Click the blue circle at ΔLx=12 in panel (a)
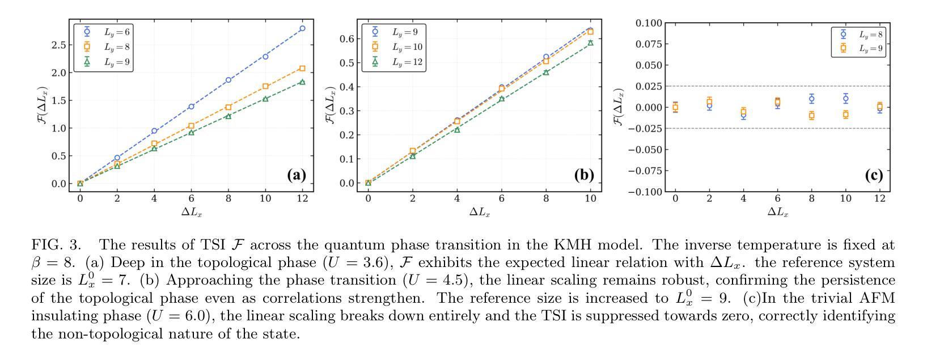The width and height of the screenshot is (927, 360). pyautogui.click(x=302, y=28)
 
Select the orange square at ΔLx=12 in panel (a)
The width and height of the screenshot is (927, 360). pyautogui.click(x=302, y=69)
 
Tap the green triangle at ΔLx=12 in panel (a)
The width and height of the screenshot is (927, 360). pyautogui.click(x=302, y=82)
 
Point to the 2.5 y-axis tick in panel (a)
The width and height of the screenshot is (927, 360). pyautogui.click(x=57, y=45)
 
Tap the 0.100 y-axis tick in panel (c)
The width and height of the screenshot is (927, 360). pyautogui.click(x=648, y=23)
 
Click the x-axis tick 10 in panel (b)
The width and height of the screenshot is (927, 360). pyautogui.click(x=590, y=198)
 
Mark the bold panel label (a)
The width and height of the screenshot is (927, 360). pyautogui.click(x=296, y=175)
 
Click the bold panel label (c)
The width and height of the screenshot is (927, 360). pyautogui.click(x=874, y=175)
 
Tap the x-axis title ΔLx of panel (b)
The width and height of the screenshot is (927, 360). pyautogui.click(x=480, y=213)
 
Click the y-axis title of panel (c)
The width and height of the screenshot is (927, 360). pyautogui.click(x=619, y=107)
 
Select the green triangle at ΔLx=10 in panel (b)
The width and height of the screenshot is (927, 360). pyautogui.click(x=590, y=43)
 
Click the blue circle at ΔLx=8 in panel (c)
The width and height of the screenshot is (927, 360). pyautogui.click(x=811, y=99)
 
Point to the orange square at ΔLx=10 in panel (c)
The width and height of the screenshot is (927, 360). pyautogui.click(x=845, y=115)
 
